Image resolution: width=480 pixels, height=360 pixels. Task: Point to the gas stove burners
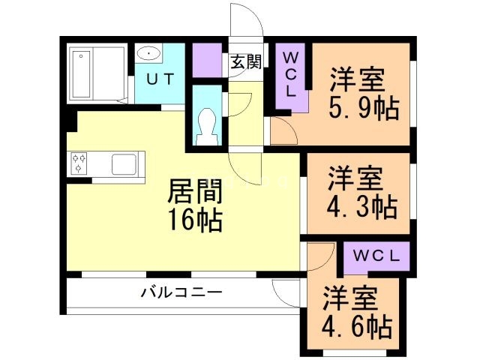[79, 163]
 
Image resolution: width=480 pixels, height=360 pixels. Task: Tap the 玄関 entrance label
[245, 62]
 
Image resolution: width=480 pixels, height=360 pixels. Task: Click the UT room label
[161, 79]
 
